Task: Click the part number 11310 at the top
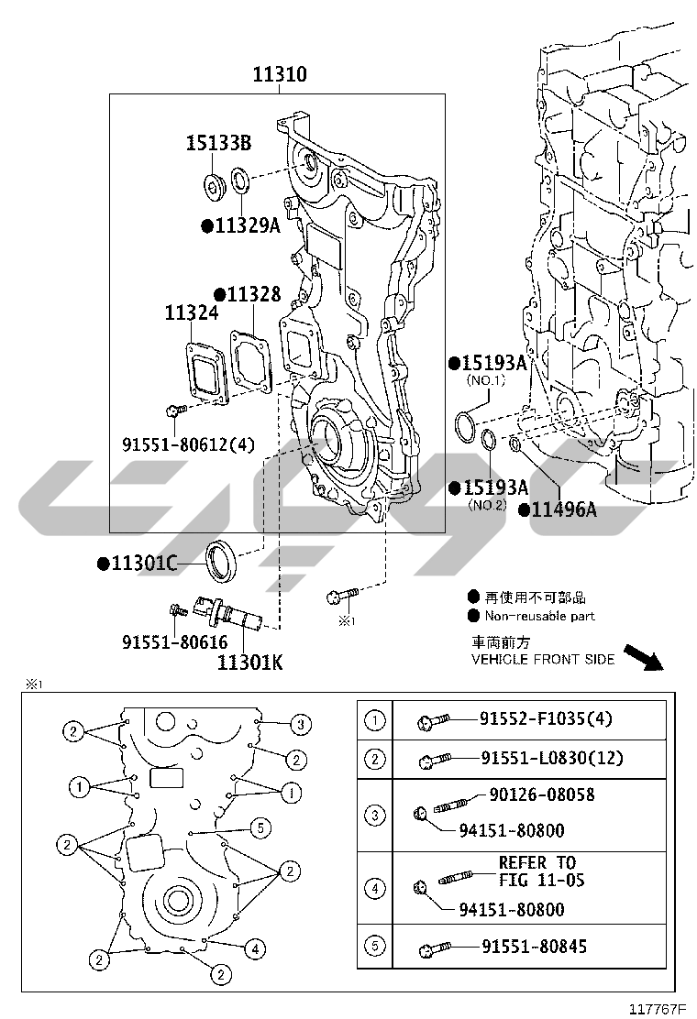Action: coord(280,74)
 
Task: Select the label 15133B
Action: coord(218,143)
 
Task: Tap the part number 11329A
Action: coord(247,225)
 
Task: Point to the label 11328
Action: coord(253,294)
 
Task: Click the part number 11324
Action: coord(191,312)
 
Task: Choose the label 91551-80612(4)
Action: coord(189,444)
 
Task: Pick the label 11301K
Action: coord(249,663)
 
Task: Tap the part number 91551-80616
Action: coord(175,642)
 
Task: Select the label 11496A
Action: coord(564,509)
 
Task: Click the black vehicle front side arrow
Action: coord(644,657)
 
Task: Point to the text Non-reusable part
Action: coord(539,616)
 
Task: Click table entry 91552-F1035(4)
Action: coord(547,718)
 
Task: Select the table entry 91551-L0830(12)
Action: coord(552,758)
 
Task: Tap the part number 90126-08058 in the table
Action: coord(542,794)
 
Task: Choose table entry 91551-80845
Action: coord(534,947)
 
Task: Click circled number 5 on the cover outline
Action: coord(260,827)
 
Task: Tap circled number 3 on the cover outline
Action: coord(301,724)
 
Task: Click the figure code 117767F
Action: coord(658,1009)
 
